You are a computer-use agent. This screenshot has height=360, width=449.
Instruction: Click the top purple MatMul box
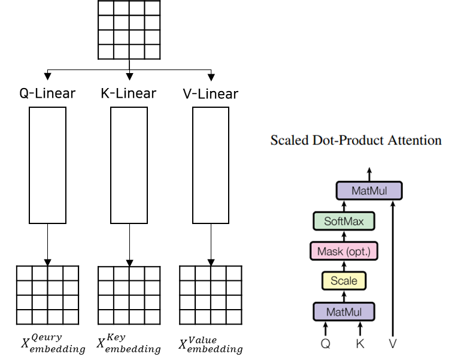coord(369,191)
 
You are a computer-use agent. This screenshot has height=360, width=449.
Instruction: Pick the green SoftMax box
coord(344,221)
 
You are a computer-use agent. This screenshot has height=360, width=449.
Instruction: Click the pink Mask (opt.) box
coord(344,252)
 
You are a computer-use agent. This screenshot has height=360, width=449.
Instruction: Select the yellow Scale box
coord(344,281)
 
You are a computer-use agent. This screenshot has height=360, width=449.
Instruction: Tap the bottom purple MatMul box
coord(344,311)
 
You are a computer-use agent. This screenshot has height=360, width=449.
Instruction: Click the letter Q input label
coord(326,344)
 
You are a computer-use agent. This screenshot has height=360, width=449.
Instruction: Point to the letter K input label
coord(360,344)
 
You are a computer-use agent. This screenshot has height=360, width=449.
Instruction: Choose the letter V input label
coord(393,344)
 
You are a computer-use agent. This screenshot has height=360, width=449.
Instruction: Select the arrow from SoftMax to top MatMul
coord(344,206)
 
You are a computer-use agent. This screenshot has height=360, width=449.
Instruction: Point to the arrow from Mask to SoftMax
coord(344,236)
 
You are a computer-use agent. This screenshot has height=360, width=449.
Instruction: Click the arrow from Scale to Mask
coord(344,266)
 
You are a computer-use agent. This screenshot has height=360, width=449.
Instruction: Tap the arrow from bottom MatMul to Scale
coord(344,296)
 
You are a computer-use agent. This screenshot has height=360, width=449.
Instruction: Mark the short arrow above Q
coord(326,328)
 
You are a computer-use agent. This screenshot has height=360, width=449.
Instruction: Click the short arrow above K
coord(360,328)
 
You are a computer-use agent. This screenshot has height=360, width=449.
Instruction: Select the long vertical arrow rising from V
coord(393,270)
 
